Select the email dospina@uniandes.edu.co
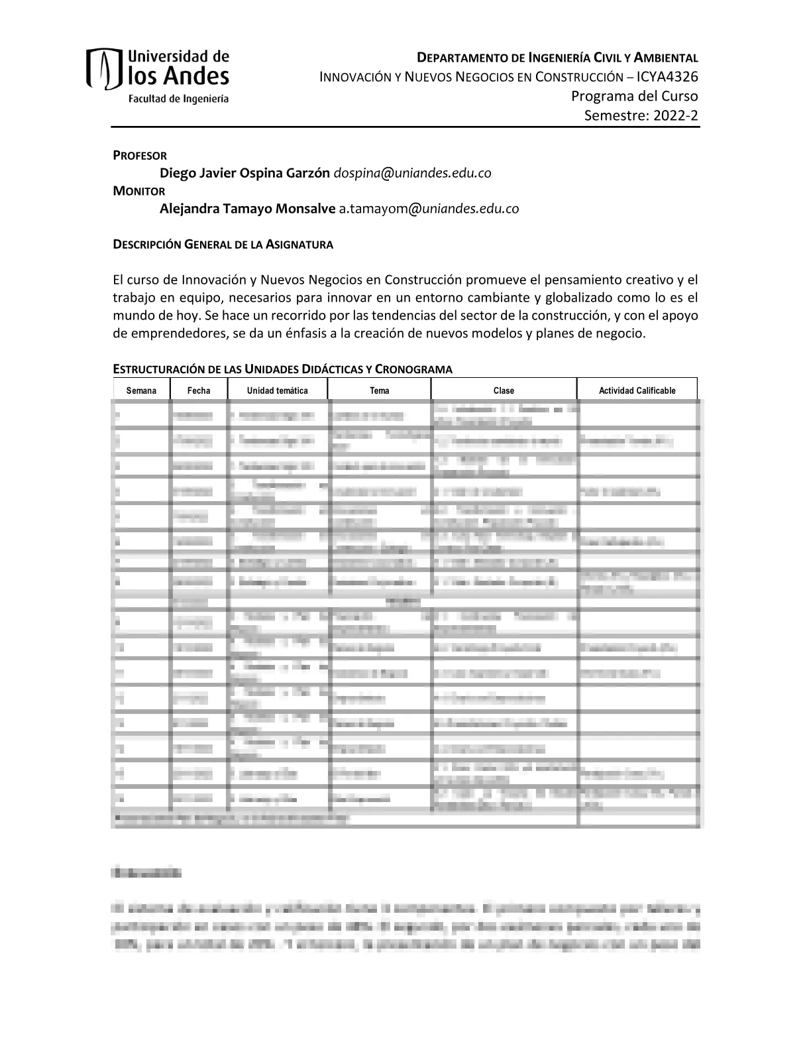[412, 173]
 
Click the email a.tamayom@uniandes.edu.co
[429, 209]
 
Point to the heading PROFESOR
[140, 156]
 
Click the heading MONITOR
[139, 191]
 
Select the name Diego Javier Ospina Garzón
[244, 173]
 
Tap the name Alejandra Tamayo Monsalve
[247, 209]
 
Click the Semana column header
[141, 390]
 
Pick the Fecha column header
[199, 390]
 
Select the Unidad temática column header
[278, 390]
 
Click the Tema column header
[380, 390]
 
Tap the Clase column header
[504, 390]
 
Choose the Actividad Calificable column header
[637, 390]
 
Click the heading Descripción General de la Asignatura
[223, 245]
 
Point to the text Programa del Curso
[634, 97]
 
